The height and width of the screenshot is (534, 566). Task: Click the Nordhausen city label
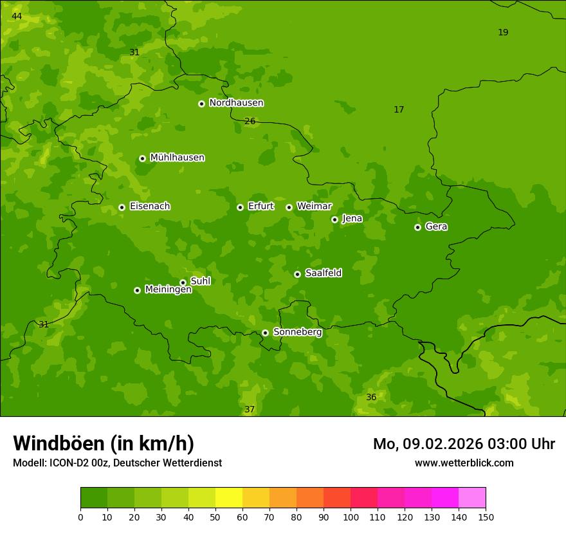(x=236, y=103)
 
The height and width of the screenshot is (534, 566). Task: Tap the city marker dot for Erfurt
(x=240, y=207)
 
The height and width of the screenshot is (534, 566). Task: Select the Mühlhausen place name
(x=177, y=158)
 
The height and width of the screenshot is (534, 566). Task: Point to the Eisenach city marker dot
(x=122, y=207)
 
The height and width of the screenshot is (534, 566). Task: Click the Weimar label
(x=314, y=207)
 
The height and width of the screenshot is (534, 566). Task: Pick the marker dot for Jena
(x=334, y=219)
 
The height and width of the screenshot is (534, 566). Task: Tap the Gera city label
(x=436, y=226)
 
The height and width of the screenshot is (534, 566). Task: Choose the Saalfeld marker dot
(x=297, y=274)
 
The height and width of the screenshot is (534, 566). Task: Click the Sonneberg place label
(x=297, y=332)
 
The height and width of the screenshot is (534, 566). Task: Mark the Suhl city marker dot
(x=183, y=282)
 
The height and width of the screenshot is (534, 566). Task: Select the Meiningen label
(x=168, y=290)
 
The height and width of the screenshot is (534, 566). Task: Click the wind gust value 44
(x=17, y=16)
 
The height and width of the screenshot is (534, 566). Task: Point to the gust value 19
(x=503, y=32)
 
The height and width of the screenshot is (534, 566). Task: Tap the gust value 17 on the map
(x=399, y=109)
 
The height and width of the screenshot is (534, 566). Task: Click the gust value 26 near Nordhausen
(x=250, y=121)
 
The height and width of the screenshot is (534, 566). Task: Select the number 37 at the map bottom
(x=250, y=409)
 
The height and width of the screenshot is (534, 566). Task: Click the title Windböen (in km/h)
(x=104, y=443)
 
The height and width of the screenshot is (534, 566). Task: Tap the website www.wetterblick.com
(x=464, y=463)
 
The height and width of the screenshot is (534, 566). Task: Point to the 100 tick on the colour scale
(x=351, y=517)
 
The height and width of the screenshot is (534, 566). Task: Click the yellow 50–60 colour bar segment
(x=229, y=498)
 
